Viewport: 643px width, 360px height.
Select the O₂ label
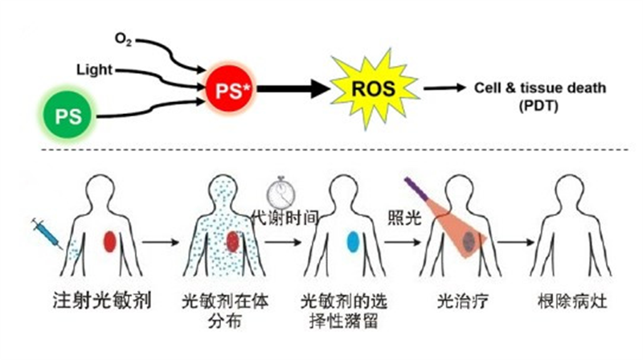point(123,36)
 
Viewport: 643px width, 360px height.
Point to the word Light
point(94,70)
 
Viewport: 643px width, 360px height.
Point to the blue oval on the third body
point(351,240)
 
